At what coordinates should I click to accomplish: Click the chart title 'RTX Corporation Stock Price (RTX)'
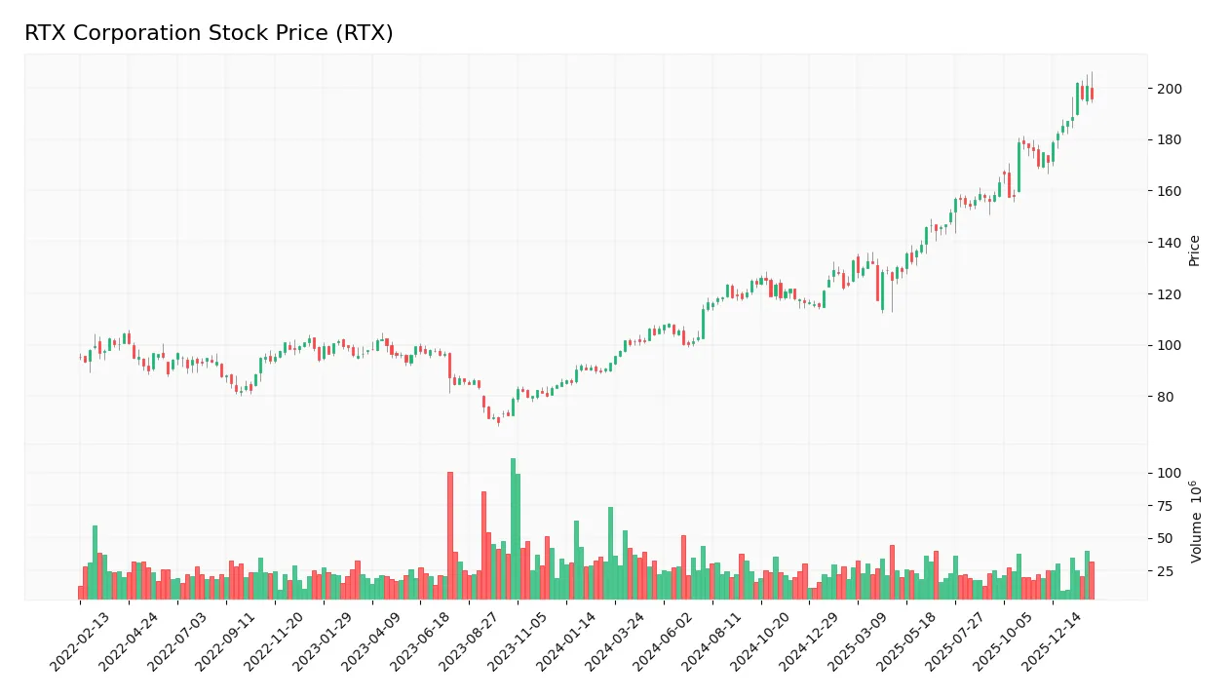[x=209, y=33]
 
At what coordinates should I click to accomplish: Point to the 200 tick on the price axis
[x=1168, y=89]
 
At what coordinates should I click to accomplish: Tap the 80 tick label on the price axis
[x=1165, y=397]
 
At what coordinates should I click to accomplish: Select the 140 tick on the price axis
[x=1168, y=243]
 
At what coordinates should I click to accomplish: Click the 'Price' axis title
[x=1194, y=251]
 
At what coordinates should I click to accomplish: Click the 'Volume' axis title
[x=1196, y=521]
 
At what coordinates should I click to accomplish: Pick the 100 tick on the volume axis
[x=1168, y=474]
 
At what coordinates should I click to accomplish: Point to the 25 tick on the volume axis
[x=1165, y=571]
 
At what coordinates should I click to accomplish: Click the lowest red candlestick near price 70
[x=498, y=420]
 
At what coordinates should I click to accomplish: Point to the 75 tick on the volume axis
[x=1165, y=506]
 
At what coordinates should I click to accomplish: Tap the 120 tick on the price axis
[x=1168, y=294]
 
